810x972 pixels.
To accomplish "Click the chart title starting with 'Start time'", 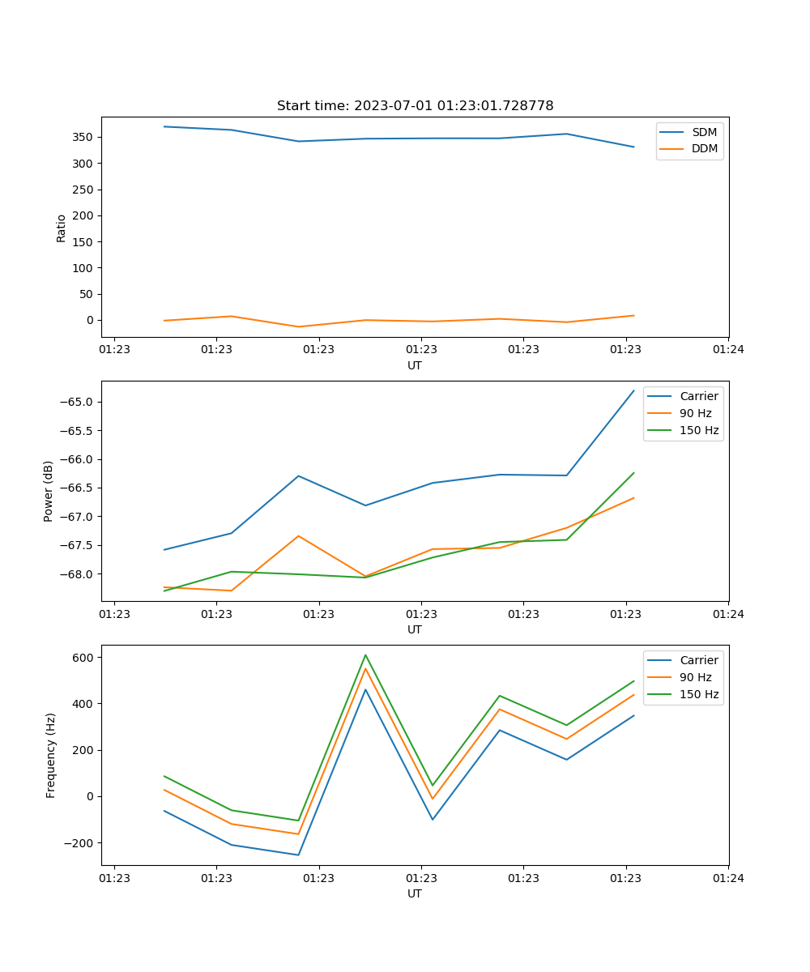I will [x=415, y=106].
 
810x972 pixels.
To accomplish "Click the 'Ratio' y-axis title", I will [x=62, y=228].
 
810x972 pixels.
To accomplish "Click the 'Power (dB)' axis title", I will [x=49, y=491].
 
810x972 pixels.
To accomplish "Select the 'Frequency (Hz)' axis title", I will [x=50, y=755].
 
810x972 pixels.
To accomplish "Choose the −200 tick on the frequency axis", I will [x=78, y=843].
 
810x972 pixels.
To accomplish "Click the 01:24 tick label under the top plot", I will [x=728, y=349].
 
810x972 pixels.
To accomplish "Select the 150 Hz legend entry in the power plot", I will [x=699, y=430].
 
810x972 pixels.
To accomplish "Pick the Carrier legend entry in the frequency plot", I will [x=698, y=660].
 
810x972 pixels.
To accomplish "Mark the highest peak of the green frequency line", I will [x=365, y=654].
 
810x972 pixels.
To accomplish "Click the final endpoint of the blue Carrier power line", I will [x=633, y=390].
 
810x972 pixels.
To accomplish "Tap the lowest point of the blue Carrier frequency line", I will [x=298, y=855].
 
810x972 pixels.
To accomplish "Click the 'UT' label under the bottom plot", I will [x=415, y=893].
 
